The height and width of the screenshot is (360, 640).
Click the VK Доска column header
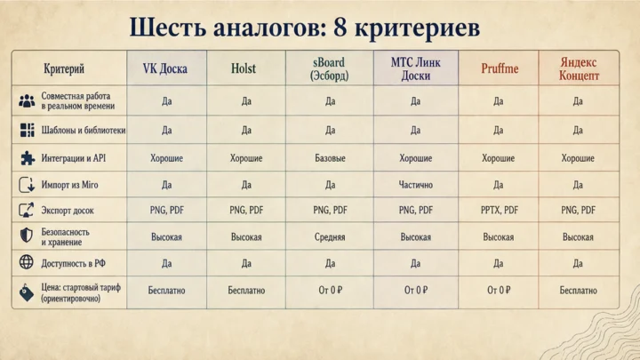[165, 68]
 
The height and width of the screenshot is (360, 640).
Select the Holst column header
[244, 68]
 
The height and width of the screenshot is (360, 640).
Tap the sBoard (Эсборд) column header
[329, 69]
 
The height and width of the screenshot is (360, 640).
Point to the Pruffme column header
[500, 68]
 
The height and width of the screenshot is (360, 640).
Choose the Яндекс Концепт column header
[579, 69]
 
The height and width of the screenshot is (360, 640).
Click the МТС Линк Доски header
[415, 69]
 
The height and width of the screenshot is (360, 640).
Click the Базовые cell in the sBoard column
[330, 158]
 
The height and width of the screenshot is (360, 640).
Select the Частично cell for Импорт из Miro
[415, 185]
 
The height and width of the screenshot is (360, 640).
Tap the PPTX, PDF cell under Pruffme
[500, 210]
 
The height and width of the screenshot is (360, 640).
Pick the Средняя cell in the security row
[330, 237]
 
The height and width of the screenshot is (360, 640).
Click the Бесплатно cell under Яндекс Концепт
[578, 290]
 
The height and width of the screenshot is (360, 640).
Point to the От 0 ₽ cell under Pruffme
[499, 290]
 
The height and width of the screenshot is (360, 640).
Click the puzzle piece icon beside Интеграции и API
[28, 158]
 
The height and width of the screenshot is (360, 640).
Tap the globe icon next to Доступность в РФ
[27, 262]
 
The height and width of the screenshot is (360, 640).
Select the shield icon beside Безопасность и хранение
[27, 235]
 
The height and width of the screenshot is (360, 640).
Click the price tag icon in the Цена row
[27, 292]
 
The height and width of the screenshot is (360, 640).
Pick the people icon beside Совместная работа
[27, 100]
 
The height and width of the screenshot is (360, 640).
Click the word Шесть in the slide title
[167, 27]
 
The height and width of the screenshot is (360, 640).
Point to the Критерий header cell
[64, 68]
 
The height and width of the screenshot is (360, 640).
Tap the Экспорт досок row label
[68, 211]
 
